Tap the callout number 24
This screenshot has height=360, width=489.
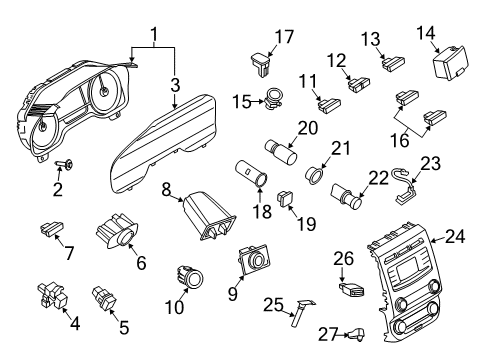[x=456, y=238]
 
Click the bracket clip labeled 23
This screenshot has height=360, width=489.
[x=402, y=188]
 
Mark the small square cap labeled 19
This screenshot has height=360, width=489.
[x=286, y=197]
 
